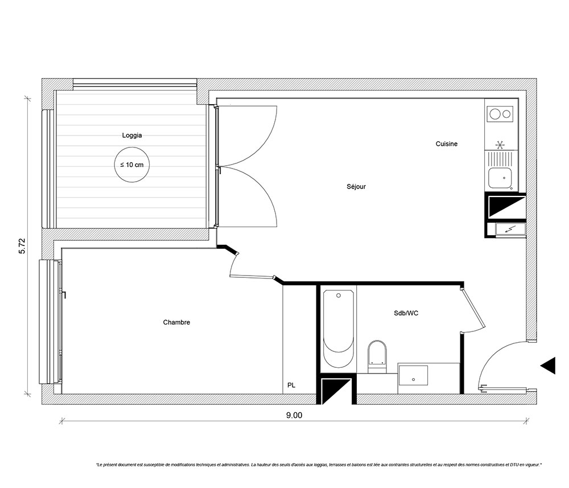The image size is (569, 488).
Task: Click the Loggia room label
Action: (132, 136)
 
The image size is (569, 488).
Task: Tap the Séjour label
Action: (356, 187)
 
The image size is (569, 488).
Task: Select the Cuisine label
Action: (446, 144)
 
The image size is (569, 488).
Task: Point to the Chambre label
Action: (176, 322)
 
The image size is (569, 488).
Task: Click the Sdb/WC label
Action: (406, 313)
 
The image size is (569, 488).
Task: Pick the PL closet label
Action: (291, 386)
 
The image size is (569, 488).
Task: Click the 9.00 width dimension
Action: (294, 415)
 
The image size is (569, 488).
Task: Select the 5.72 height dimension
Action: (22, 246)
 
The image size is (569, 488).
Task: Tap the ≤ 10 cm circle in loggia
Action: (132, 165)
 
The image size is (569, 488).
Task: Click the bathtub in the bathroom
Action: (338, 329)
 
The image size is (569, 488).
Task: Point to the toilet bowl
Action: (377, 356)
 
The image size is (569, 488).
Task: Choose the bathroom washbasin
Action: (413, 375)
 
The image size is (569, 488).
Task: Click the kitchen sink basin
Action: (500, 178)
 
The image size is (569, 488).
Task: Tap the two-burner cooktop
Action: (500, 114)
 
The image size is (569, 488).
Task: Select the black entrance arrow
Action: (549, 365)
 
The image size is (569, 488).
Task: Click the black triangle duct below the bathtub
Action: (336, 391)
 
